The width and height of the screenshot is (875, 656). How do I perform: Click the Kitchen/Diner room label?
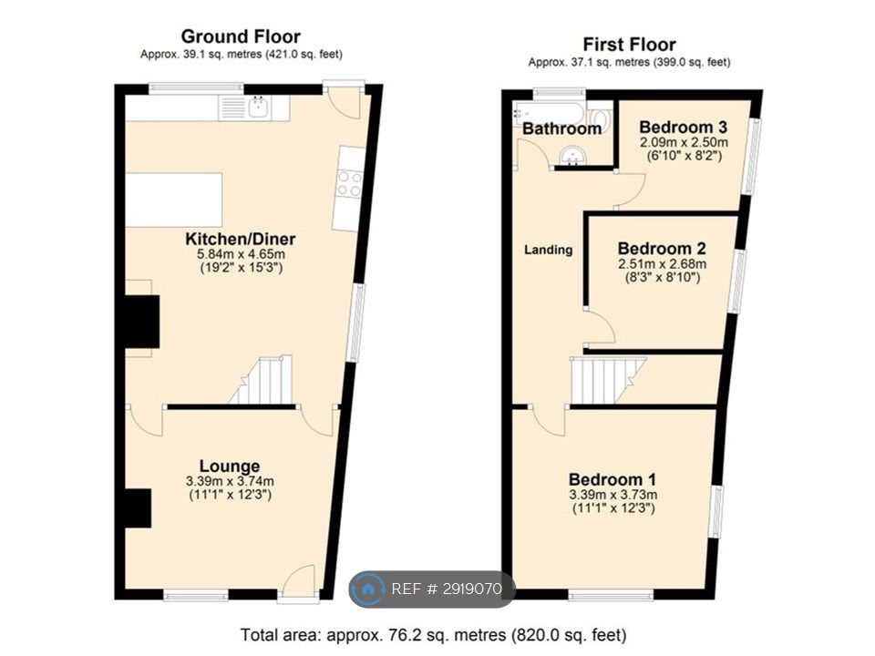240,240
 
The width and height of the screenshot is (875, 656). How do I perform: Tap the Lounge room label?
230,466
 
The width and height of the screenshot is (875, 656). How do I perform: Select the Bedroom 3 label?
683,128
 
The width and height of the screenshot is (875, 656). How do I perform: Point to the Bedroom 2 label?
662,248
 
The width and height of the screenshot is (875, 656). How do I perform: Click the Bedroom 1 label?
612,479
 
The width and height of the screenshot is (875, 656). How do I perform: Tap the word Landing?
548,250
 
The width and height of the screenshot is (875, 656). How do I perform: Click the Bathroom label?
561,128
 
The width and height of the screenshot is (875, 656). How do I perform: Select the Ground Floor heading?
241,36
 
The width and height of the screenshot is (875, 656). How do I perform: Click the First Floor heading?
629,44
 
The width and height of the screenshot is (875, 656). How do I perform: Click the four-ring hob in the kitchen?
349,183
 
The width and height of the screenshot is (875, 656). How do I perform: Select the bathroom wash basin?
572,156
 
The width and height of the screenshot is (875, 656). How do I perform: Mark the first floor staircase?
607,380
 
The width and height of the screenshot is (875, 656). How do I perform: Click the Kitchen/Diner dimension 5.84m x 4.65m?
241,254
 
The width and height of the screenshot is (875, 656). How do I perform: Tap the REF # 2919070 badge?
432,589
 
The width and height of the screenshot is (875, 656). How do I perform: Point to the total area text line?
434,635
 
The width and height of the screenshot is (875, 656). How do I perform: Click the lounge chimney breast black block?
138,507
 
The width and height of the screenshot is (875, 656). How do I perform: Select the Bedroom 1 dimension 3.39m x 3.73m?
612,495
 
